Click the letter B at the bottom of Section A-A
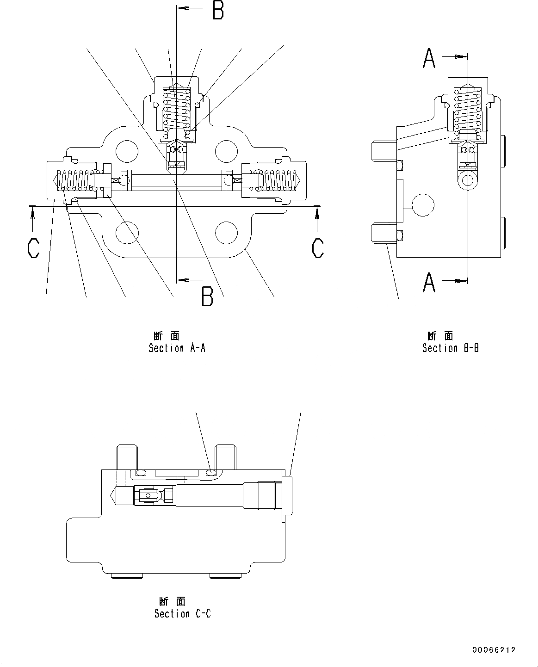207,296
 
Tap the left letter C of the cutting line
33,248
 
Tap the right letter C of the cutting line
317,248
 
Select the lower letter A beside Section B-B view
429,282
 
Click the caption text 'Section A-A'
177,348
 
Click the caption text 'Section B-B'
450,348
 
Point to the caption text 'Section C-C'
183,613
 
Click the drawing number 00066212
494,650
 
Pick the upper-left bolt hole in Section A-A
127,149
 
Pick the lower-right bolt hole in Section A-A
227,232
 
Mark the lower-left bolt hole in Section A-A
127,232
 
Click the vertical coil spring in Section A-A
176,108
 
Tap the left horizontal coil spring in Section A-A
76,180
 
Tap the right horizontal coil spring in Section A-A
278,180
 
